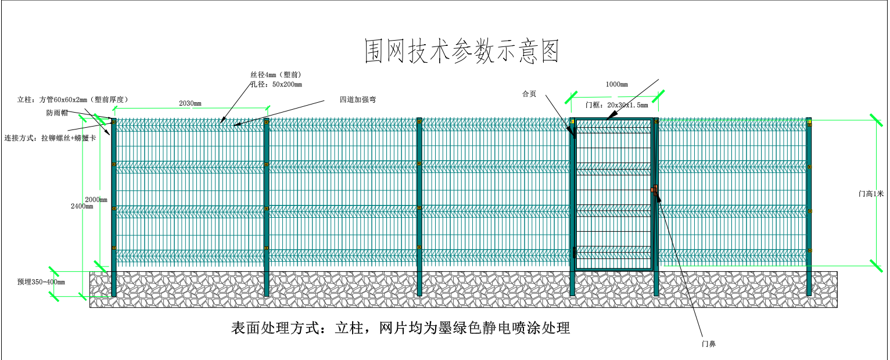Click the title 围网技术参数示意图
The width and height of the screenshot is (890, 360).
coord(461,52)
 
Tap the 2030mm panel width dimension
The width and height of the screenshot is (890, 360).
coord(190,103)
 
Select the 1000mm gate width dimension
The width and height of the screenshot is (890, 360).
coord(616,84)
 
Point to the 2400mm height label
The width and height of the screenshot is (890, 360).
coord(81,206)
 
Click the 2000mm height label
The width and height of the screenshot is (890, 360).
coord(96,200)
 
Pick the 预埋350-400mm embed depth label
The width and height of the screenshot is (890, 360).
coord(41,282)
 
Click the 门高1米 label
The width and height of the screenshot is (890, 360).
coord(871,195)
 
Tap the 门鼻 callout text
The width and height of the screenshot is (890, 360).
coord(708,344)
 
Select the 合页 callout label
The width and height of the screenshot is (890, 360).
coord(529,94)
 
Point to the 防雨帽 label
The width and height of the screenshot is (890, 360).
coord(57,113)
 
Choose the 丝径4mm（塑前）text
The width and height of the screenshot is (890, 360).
coord(275,75)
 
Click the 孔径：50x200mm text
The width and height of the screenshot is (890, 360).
coord(276,85)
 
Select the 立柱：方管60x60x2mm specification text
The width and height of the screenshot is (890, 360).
coord(73,100)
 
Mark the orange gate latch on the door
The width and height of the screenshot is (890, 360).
coord(655,190)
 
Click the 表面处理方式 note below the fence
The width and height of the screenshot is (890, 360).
coord(400,329)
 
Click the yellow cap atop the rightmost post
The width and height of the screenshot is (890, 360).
coord(809,120)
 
